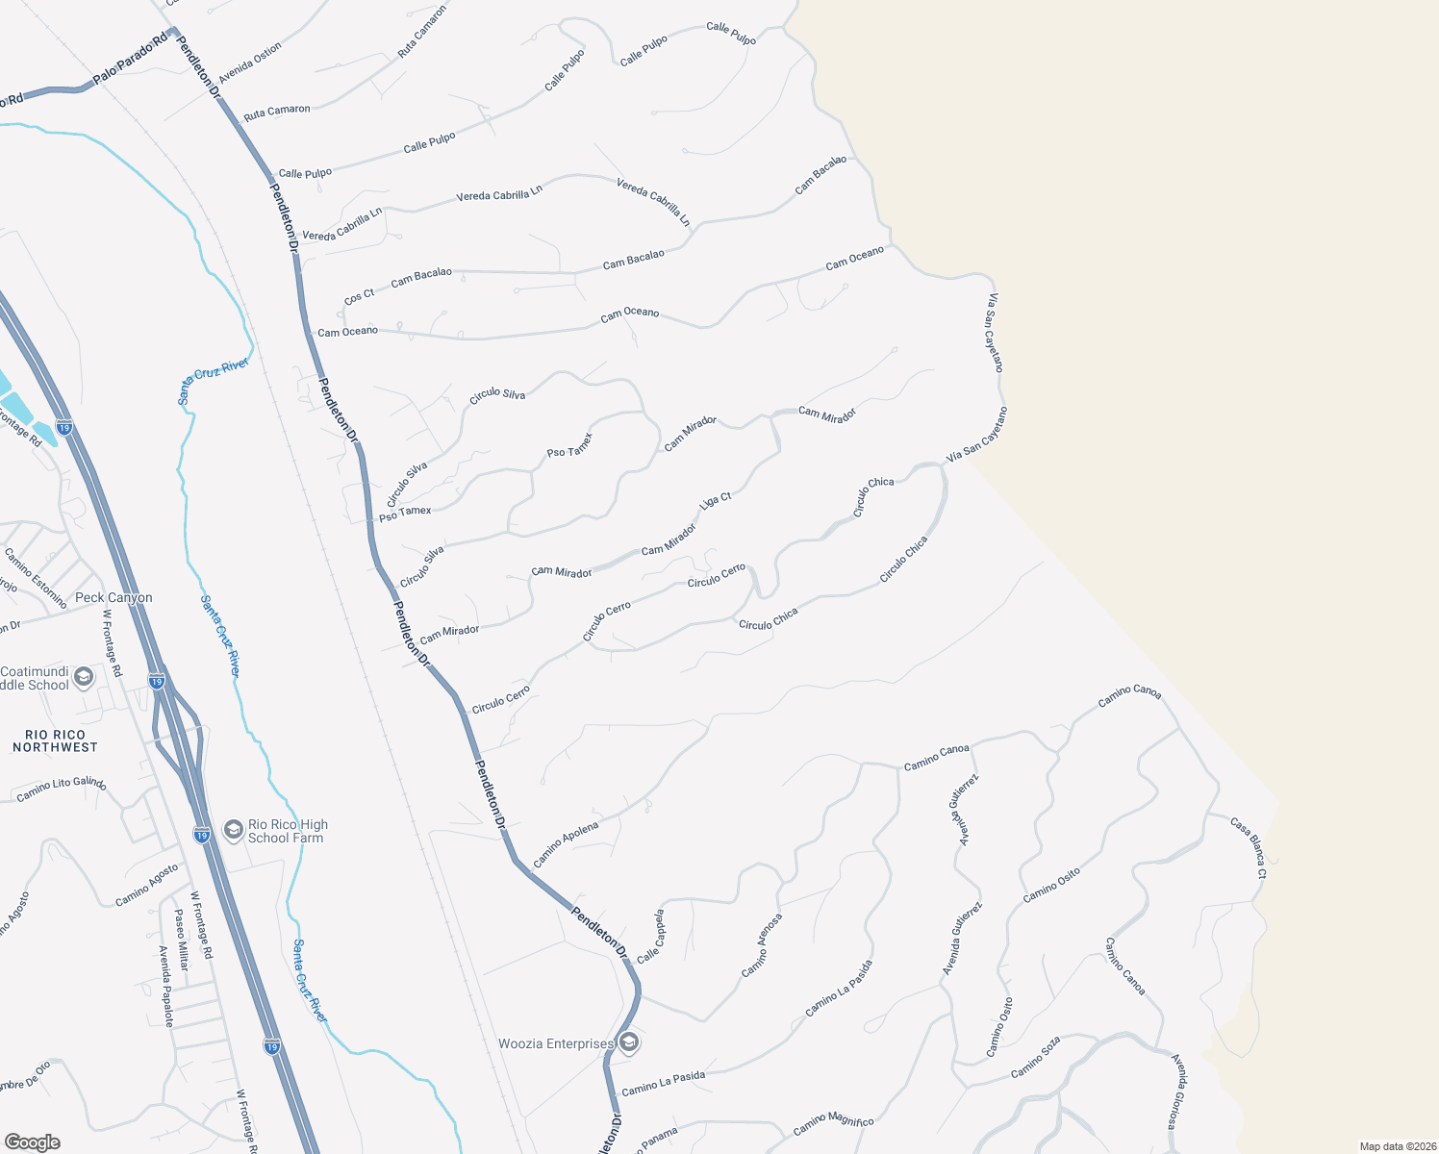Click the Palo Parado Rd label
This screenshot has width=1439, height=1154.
(x=130, y=61)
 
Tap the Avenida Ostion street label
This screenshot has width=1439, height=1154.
(x=250, y=63)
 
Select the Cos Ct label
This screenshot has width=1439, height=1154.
(x=360, y=296)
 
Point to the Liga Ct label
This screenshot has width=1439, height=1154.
(x=716, y=501)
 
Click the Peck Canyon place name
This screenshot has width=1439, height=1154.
(x=114, y=597)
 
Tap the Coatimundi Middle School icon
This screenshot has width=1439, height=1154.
(x=84, y=677)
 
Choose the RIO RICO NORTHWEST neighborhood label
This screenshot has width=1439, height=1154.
(x=55, y=740)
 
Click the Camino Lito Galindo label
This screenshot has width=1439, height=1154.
(x=62, y=790)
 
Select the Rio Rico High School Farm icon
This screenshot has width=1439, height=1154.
(x=233, y=830)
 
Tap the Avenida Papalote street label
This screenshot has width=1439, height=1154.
(x=165, y=986)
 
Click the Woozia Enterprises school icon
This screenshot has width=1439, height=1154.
(x=629, y=1042)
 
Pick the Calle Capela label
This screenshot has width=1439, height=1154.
(x=651, y=936)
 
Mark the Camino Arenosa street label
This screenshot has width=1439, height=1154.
(x=762, y=945)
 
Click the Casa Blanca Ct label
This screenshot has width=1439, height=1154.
(x=1249, y=847)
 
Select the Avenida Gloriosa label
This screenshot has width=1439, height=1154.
(x=1181, y=1091)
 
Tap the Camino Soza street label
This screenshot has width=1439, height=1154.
(x=1036, y=1056)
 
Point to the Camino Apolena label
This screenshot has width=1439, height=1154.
(x=566, y=844)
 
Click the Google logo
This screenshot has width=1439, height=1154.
(x=33, y=1142)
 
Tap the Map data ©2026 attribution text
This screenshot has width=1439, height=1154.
(x=1396, y=1146)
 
